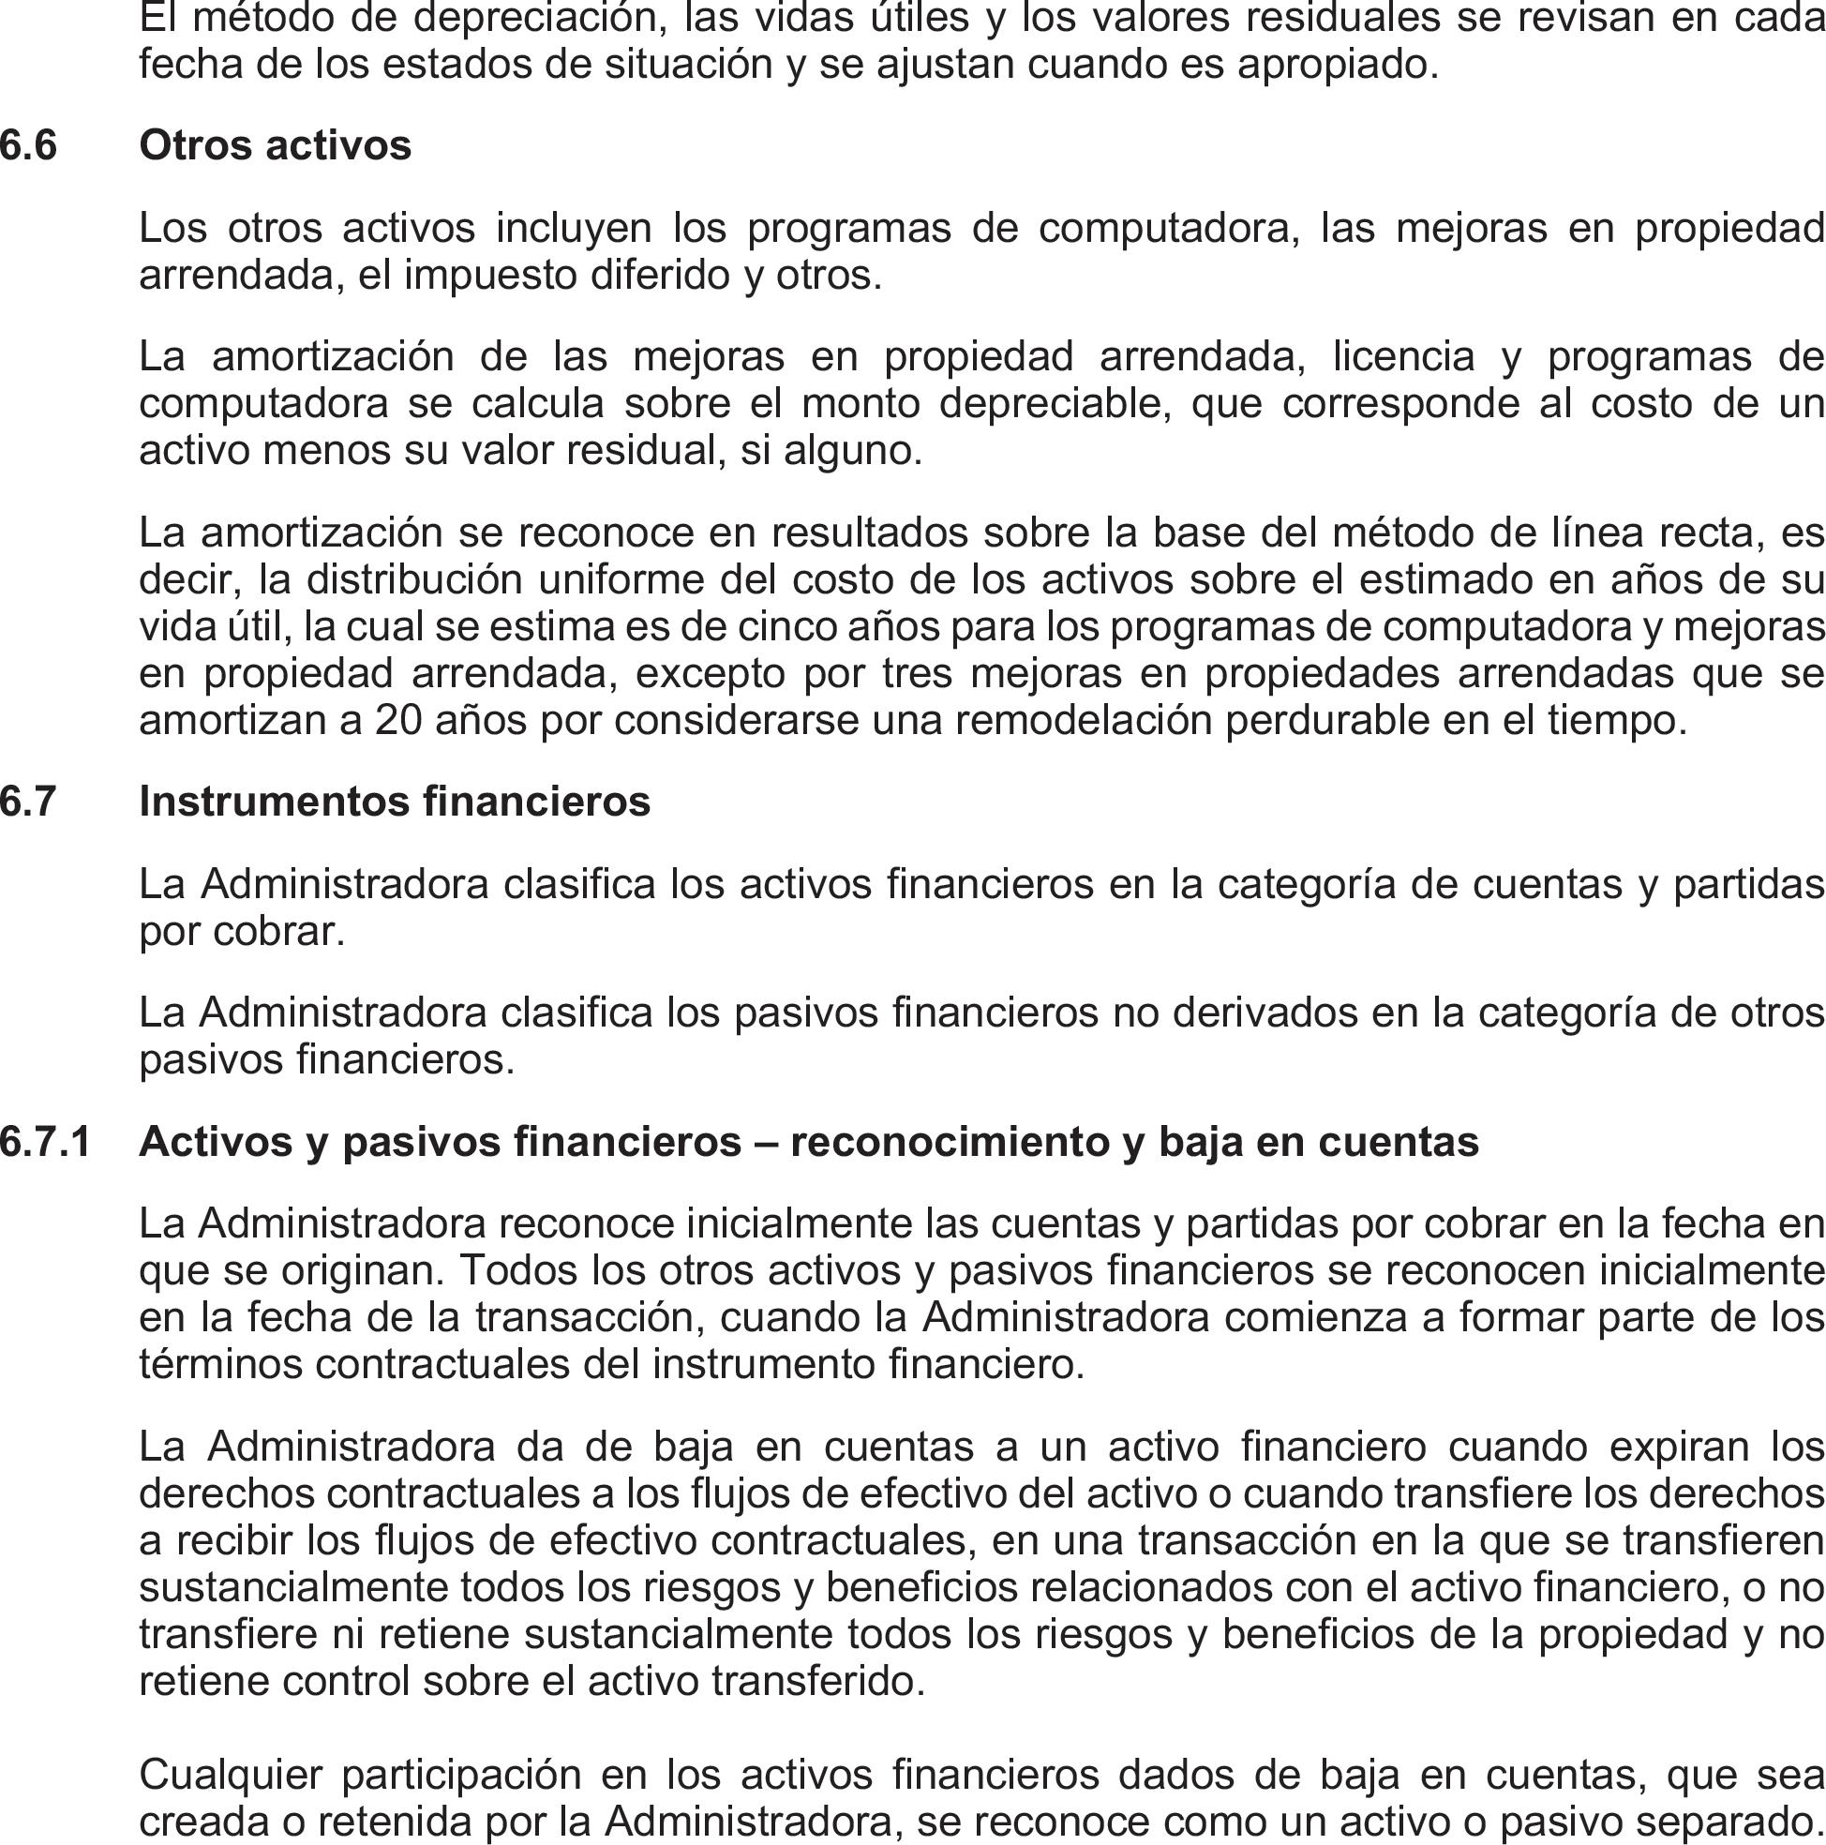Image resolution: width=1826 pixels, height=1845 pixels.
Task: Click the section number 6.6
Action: click(x=29, y=146)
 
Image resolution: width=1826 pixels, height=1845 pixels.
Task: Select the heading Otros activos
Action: click(x=275, y=146)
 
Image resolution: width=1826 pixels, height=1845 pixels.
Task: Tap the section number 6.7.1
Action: click(x=45, y=1142)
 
